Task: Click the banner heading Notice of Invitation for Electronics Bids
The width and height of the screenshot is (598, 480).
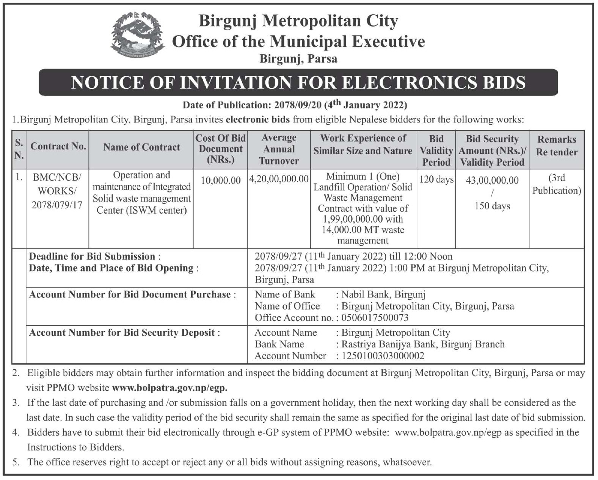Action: tap(298, 83)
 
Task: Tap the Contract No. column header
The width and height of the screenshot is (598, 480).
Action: tap(58, 147)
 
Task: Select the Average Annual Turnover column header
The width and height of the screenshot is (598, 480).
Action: tap(279, 149)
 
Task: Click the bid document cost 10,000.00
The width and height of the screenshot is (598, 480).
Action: tap(221, 180)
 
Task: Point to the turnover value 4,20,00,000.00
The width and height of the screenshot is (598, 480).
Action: tap(279, 179)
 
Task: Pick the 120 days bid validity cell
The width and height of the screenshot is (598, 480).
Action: tap(436, 179)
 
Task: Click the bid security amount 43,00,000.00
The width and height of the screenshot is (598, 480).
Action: tap(492, 180)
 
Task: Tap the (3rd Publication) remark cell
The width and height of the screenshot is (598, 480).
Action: tap(556, 184)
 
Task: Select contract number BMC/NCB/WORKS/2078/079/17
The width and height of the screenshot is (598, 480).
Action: tap(57, 191)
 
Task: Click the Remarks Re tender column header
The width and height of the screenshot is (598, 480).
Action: tap(556, 146)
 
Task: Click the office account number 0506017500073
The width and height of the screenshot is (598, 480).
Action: tap(375, 317)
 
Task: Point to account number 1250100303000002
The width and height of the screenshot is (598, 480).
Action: tap(383, 356)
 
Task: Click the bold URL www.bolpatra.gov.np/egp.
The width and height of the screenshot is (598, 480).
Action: tap(170, 388)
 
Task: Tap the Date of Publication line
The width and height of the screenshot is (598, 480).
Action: tap(295, 105)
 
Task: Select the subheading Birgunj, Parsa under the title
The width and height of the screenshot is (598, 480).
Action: tap(298, 59)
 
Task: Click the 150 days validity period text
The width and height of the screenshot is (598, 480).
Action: tap(492, 206)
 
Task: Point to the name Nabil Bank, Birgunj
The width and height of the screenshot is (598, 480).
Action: tap(383, 294)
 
